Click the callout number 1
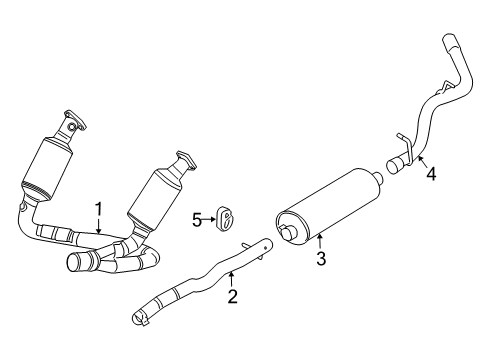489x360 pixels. pos(100,208)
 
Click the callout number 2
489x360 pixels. pos(231,295)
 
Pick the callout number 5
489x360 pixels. pos(197,216)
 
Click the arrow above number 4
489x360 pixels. pos(422,157)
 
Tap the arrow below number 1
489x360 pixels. pos(100,227)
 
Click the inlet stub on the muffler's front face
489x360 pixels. pos(290,233)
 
